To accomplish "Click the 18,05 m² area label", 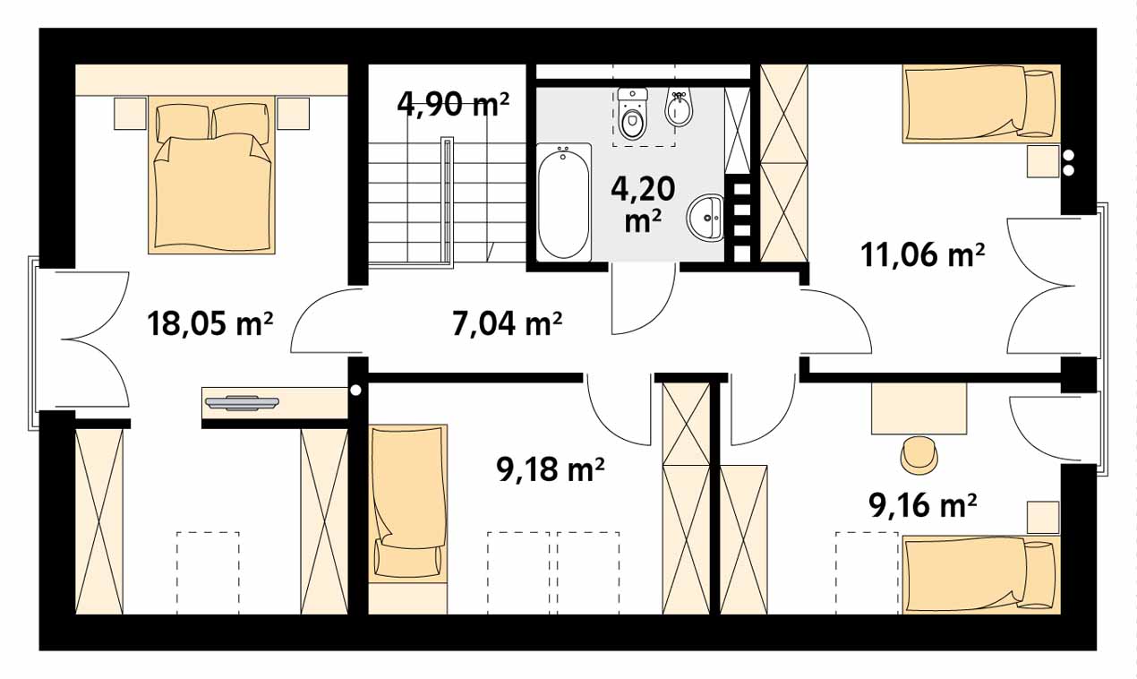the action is [210, 323].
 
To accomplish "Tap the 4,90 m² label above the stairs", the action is [453, 104].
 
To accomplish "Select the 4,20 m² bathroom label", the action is [643, 203].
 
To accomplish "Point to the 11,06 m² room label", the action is [923, 254].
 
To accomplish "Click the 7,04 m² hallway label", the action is [507, 323].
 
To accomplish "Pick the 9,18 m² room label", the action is [551, 469].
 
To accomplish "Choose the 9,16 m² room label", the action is [923, 506].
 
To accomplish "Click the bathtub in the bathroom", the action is [564, 202].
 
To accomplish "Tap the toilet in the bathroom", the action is [632, 115].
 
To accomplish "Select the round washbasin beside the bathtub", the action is [705, 218].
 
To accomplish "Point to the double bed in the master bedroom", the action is [211, 176].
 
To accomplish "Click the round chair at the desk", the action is [919, 454].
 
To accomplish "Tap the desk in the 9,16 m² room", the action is [919, 408].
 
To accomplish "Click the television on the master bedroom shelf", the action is [242, 402].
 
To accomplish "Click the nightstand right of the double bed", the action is [293, 113].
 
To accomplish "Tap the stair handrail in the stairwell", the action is [447, 202].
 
